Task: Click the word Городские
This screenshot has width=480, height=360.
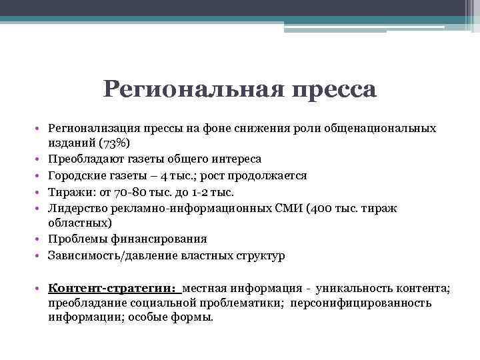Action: point(75,175)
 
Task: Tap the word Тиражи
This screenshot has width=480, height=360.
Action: point(68,191)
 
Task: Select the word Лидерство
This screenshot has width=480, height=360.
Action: point(75,207)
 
